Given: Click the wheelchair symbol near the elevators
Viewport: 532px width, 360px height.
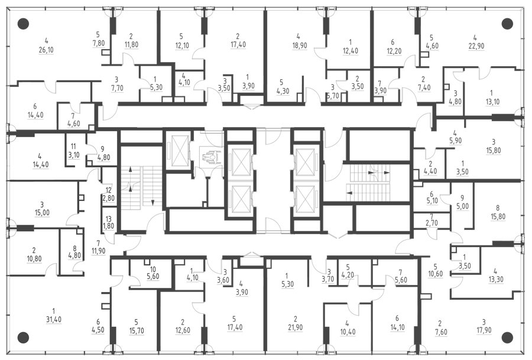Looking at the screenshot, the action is coord(207,157).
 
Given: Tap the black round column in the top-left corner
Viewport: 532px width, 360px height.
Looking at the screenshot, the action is coord(23,24).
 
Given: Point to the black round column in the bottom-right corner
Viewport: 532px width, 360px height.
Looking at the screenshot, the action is coord(507,338).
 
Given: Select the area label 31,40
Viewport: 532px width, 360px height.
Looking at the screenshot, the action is coord(54,320).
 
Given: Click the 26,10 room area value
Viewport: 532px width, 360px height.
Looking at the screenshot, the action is coord(46,50).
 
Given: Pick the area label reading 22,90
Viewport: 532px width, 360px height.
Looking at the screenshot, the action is coord(476,46).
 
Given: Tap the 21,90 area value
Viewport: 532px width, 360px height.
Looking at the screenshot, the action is coord(295,327).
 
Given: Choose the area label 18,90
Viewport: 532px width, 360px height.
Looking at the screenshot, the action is coord(299,45).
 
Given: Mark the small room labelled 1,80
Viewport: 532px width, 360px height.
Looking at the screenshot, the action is coord(109,226).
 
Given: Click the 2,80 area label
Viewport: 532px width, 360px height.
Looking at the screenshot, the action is coord(109,198).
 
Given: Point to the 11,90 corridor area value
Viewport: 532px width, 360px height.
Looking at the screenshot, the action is coord(98,251).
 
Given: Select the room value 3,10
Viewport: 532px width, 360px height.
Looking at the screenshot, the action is coord(74,155).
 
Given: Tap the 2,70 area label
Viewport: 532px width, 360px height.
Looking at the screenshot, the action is coord(432,223).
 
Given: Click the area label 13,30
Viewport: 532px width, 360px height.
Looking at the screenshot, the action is coord(496,280).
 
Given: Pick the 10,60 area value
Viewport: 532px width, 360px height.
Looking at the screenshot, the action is coord(435,274).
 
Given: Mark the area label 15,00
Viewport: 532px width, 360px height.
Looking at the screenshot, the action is coord(42,213).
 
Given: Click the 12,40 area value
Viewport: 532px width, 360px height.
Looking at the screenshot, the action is coord(350,51).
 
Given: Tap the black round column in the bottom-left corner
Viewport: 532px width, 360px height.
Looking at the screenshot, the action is coord(23,338).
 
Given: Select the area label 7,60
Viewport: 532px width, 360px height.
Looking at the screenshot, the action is coord(441,332).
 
